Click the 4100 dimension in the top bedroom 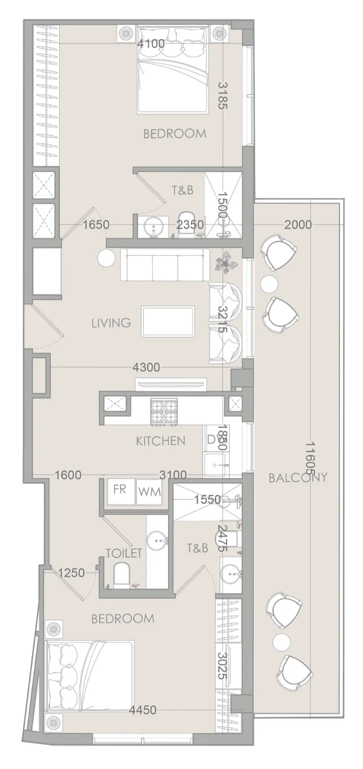151,44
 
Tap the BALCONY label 298,478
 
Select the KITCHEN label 161,441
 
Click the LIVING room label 111,323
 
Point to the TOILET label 123,553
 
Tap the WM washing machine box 149,492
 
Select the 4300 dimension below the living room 146,367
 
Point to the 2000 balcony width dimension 298,224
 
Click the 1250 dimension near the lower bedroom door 71,572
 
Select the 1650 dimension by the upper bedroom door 96,225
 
